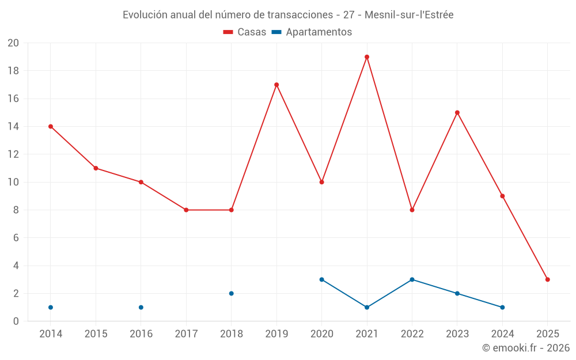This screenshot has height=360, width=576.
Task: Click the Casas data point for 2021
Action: pyautogui.click(x=367, y=57)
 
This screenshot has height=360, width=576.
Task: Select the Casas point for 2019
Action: pyautogui.click(x=276, y=85)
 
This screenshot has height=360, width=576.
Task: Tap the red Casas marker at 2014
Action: pyautogui.click(x=51, y=127)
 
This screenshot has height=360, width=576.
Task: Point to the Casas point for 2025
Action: pyautogui.click(x=548, y=279)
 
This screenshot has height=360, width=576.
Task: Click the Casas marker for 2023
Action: pyautogui.click(x=457, y=113)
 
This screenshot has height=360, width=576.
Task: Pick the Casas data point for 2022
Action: pyautogui.click(x=412, y=210)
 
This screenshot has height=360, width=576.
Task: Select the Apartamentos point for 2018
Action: pyautogui.click(x=232, y=293)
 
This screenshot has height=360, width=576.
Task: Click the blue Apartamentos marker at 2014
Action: pyautogui.click(x=51, y=308)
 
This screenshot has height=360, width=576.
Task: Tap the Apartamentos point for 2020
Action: pyautogui.click(x=322, y=279)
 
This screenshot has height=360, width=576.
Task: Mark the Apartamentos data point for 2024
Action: pyautogui.click(x=502, y=308)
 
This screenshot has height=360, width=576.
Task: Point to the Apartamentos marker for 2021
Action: pyautogui.click(x=367, y=308)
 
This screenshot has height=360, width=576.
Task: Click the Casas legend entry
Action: pyautogui.click(x=245, y=32)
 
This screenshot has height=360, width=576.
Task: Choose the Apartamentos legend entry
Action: pyautogui.click(x=312, y=32)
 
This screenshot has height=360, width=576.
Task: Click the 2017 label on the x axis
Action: pyautogui.click(x=186, y=334)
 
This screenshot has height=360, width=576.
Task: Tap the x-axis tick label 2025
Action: pyautogui.click(x=548, y=334)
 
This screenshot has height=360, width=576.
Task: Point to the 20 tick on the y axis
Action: pyautogui.click(x=13, y=43)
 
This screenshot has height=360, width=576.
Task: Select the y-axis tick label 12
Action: pyautogui.click(x=13, y=154)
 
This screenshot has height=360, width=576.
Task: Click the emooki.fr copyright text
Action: pyautogui.click(x=526, y=348)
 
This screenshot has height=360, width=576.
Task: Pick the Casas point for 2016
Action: pyautogui.click(x=141, y=182)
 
